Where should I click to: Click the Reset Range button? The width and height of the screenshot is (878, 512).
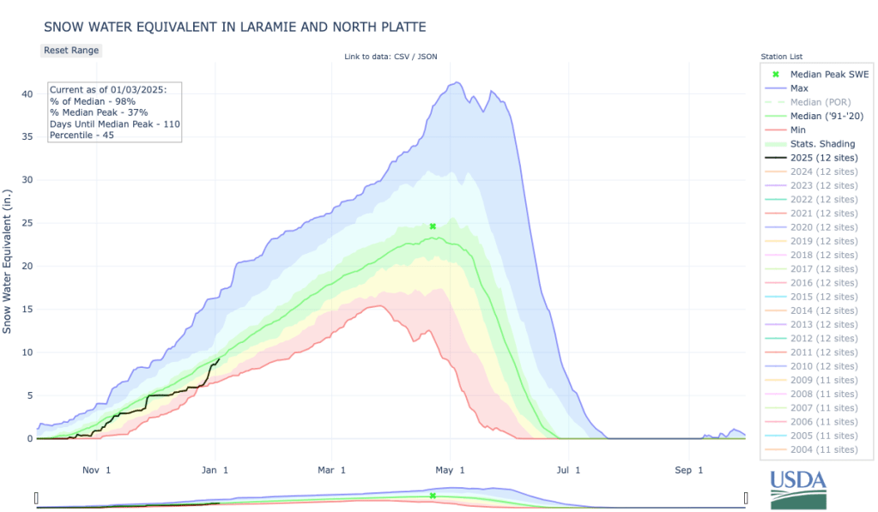[x=71, y=50]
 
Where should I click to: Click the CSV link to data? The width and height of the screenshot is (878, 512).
[x=400, y=57]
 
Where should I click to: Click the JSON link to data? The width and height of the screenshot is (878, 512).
[x=427, y=57]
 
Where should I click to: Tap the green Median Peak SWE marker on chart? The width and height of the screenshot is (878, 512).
[x=433, y=226]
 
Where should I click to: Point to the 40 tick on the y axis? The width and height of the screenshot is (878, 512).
[x=27, y=93]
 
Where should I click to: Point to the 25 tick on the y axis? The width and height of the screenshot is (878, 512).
[x=27, y=223]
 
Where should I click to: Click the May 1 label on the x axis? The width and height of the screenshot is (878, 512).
[x=450, y=470]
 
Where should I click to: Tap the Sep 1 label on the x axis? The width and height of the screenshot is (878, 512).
[x=688, y=470]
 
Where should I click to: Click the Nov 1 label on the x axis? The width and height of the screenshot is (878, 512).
[x=95, y=470]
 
